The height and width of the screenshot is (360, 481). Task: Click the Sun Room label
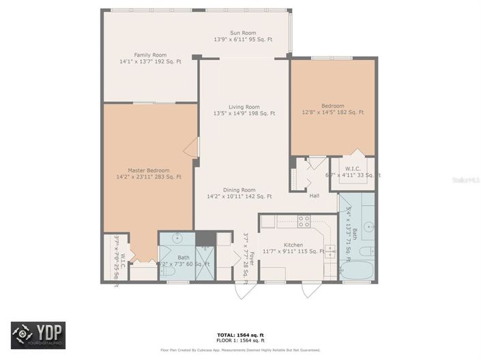pos(243,33)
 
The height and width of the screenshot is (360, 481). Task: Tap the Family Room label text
pos(150,55)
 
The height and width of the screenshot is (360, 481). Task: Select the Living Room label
pos(244,106)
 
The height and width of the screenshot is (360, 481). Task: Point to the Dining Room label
pos(239,190)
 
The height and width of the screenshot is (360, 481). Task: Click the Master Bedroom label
pos(148,170)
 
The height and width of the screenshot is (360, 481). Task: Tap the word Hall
pos(314,196)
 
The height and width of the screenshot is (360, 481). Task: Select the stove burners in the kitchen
pos(304,221)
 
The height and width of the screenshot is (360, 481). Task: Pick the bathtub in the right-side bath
pos(356,270)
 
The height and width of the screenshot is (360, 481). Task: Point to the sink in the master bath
pos(177,239)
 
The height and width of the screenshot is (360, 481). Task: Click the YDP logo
pos(38,335)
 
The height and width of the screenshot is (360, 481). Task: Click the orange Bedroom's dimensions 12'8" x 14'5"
pos(333,112)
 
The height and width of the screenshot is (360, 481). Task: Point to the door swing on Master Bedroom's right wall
pos(192,147)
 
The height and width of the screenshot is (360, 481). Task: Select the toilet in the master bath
pos(168,271)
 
